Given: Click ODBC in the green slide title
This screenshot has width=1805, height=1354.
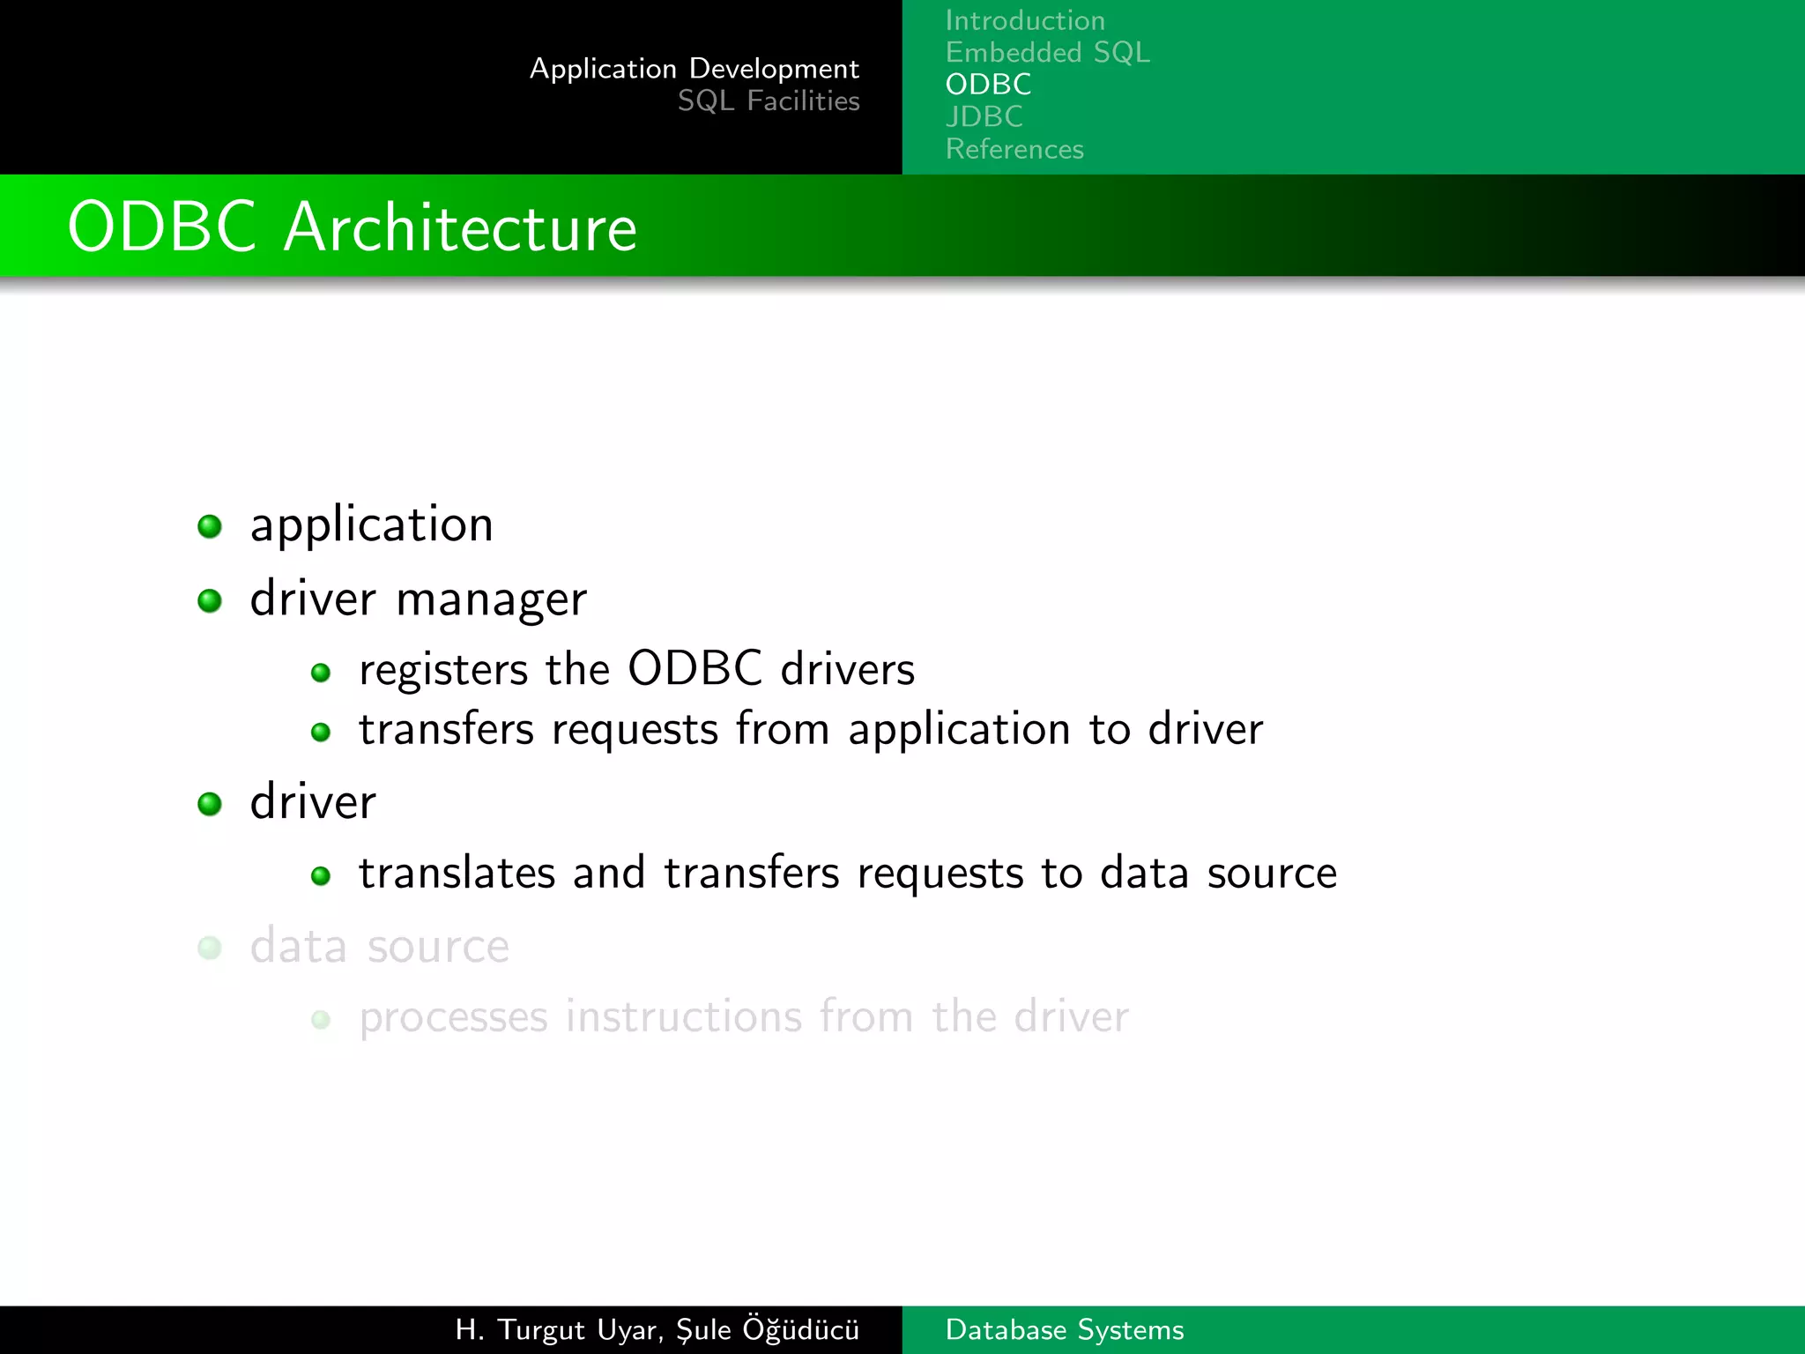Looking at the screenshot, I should [162, 227].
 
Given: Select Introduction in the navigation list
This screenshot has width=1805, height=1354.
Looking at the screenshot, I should [1024, 20].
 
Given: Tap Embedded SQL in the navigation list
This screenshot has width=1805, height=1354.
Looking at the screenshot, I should [1047, 53].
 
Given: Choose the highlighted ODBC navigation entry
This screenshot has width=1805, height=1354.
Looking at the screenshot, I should [988, 85].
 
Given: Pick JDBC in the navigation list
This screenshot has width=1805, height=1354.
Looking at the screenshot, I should [984, 116].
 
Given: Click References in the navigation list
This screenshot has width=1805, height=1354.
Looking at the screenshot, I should [1014, 149].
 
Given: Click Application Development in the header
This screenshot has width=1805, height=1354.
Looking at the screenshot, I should [694, 69].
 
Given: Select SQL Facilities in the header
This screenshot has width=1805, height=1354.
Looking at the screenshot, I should [768, 101].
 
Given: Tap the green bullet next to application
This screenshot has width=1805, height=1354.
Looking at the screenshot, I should [210, 526].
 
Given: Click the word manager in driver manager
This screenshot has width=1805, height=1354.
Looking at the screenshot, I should [491, 600].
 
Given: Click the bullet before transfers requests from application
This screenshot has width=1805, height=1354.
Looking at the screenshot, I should [321, 732].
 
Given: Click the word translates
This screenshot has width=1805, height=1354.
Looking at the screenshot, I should [457, 873].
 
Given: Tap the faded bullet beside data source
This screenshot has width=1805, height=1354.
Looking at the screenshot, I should [210, 948].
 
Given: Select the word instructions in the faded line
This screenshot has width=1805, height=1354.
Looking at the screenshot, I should [683, 1016].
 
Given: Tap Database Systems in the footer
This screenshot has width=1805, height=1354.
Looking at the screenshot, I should [1064, 1329].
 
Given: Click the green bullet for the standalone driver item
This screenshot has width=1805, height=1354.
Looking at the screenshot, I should [210, 804].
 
